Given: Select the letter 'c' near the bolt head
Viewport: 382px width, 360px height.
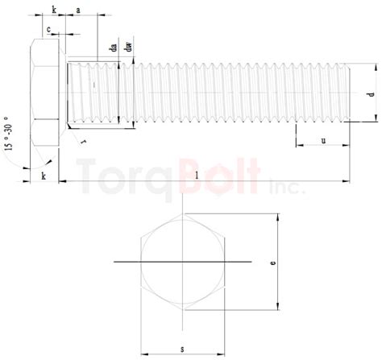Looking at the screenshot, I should tap(49, 30).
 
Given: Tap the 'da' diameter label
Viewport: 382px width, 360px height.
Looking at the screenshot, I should tap(115, 48).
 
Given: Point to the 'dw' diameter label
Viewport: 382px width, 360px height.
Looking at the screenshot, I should tap(129, 48).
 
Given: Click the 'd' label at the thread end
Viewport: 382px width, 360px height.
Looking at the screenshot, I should tap(370, 94).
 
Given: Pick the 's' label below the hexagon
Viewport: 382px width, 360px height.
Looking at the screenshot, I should tap(183, 348).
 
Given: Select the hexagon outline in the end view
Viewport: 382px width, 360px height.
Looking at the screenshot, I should tap(184, 262).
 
